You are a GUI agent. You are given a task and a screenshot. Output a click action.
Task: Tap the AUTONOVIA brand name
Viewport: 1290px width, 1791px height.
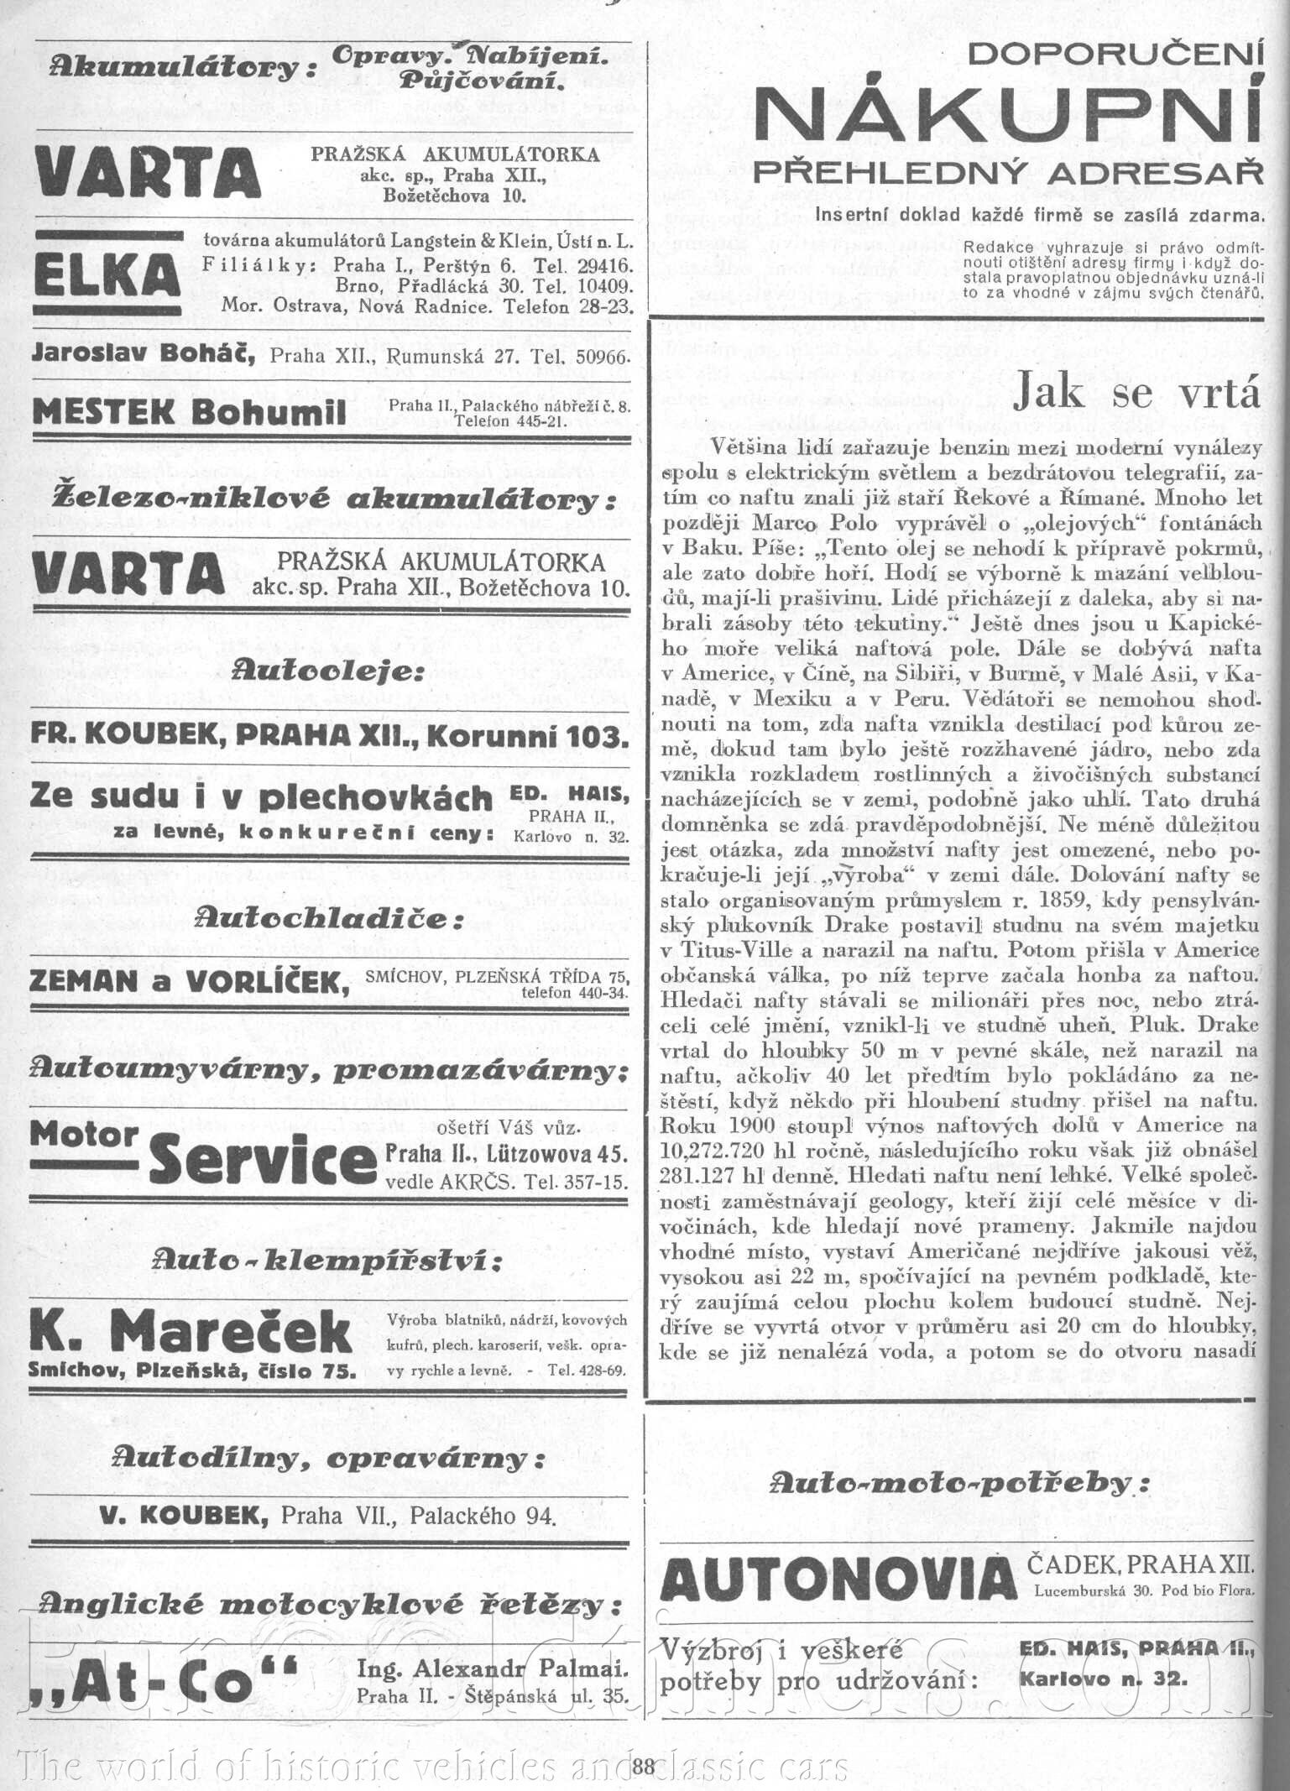click(838, 1580)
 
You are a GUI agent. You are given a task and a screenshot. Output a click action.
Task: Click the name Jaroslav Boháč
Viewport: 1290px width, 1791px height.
click(143, 354)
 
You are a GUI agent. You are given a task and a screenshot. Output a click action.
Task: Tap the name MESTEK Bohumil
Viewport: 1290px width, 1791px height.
click(188, 413)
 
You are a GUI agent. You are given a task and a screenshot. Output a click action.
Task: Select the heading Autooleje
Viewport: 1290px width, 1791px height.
click(327, 672)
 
